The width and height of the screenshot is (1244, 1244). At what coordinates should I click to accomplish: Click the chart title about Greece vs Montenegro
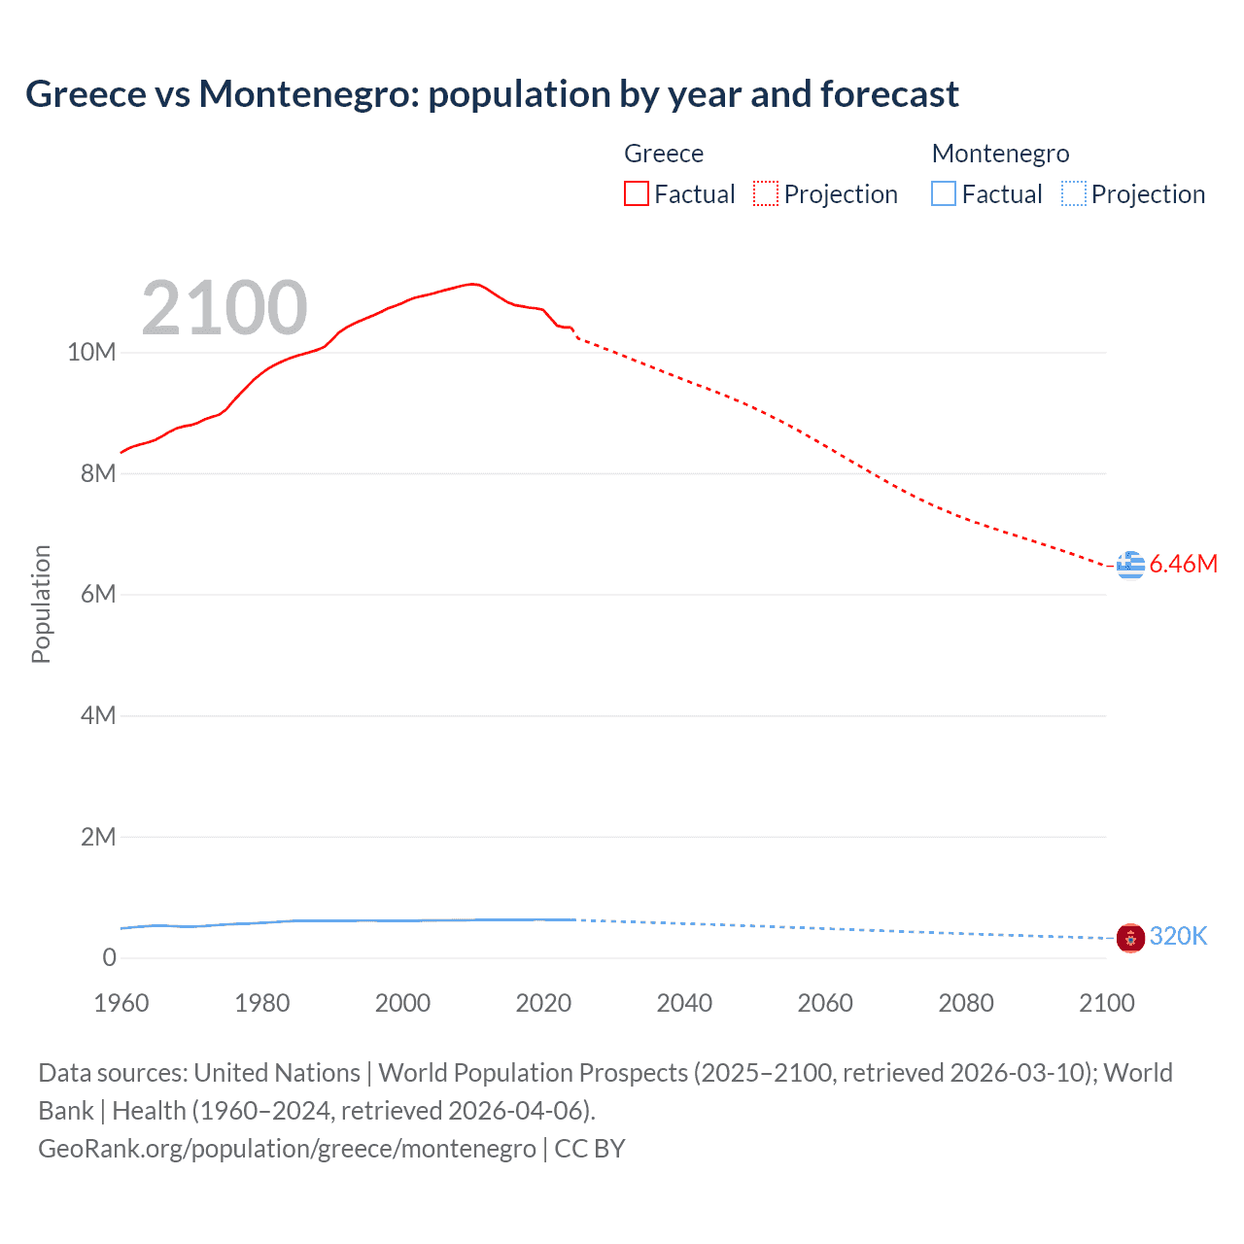(x=492, y=94)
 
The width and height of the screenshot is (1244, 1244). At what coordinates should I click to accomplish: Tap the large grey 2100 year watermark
(x=225, y=308)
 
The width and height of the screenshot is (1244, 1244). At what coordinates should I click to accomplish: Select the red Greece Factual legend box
(x=637, y=194)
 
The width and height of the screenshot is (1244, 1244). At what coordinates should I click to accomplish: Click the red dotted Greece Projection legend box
(x=766, y=194)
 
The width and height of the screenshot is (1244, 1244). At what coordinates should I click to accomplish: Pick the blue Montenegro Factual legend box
(x=944, y=194)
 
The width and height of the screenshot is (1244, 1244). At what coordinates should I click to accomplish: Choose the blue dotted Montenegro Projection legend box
(x=1074, y=194)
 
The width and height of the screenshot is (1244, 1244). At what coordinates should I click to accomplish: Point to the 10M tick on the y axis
(x=91, y=352)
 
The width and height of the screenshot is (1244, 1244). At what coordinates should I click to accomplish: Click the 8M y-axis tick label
(x=97, y=473)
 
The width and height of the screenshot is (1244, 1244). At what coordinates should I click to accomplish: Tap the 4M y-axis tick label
(x=97, y=716)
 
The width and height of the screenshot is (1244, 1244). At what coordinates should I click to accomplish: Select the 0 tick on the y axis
(x=109, y=958)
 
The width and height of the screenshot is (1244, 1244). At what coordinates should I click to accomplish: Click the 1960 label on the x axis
(x=121, y=1003)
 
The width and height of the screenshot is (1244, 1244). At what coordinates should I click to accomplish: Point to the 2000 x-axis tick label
(x=402, y=1003)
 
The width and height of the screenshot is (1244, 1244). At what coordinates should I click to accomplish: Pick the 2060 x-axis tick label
(x=825, y=1003)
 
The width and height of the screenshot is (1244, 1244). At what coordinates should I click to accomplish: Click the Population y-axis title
(x=41, y=604)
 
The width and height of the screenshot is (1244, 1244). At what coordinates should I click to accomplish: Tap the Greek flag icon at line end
(x=1130, y=565)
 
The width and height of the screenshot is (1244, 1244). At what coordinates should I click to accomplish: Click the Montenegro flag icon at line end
(x=1130, y=938)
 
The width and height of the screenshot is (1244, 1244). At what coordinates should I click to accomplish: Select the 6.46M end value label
(x=1183, y=565)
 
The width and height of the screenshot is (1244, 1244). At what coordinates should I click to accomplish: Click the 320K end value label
(x=1178, y=936)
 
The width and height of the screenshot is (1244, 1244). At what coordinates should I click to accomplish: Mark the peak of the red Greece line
(x=473, y=284)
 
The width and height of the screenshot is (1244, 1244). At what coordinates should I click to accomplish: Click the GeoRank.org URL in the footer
(x=287, y=1149)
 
